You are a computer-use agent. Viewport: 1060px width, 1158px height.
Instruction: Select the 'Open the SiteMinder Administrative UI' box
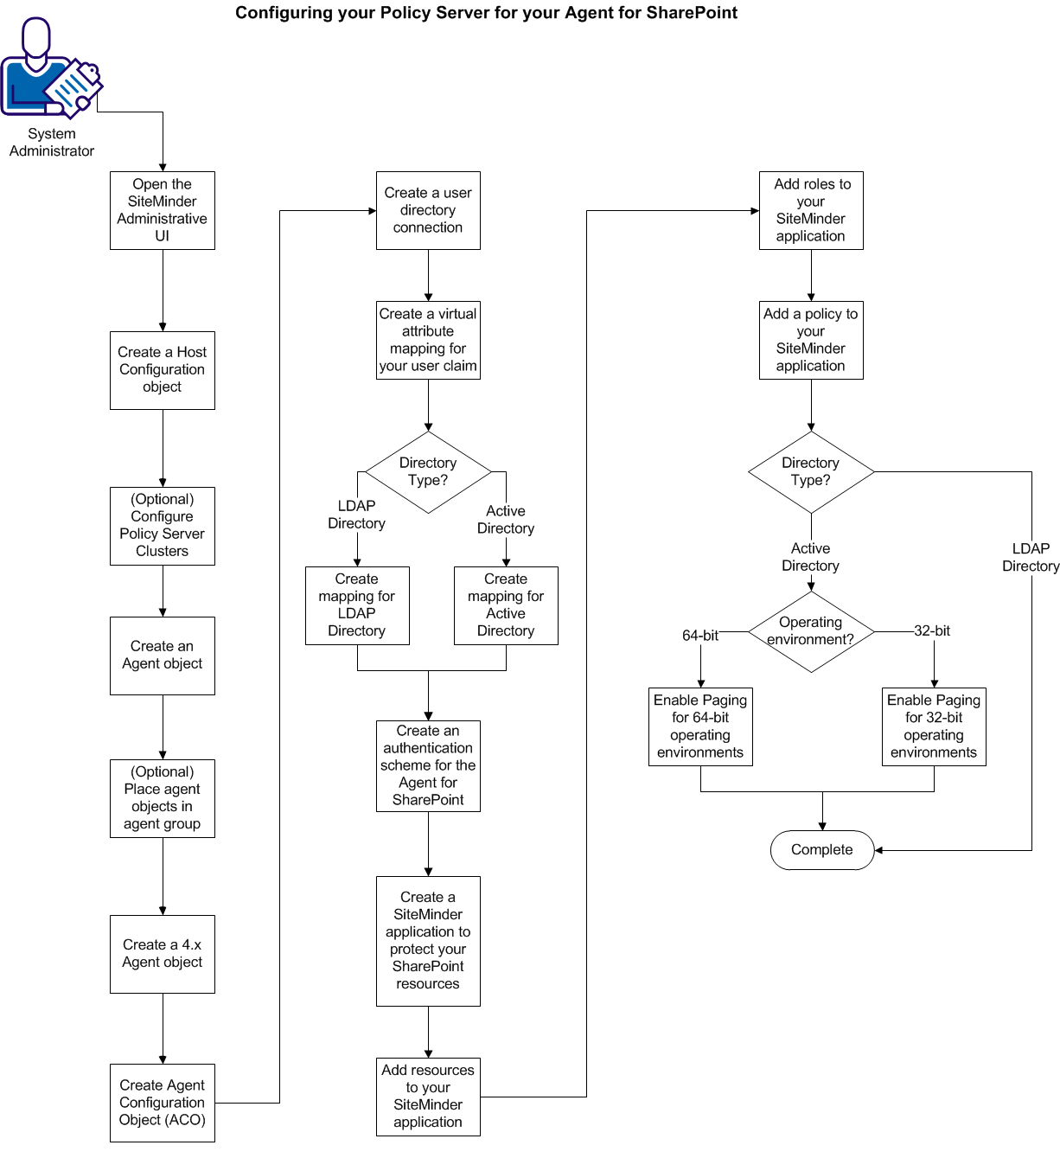(x=162, y=210)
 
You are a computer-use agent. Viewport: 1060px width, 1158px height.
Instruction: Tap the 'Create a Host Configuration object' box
(x=162, y=370)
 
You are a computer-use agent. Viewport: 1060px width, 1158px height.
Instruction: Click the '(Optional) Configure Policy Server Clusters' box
(x=162, y=526)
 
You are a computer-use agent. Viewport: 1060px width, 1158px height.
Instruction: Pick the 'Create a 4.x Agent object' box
(x=162, y=954)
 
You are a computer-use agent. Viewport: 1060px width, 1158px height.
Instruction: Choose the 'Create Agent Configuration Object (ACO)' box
(x=162, y=1103)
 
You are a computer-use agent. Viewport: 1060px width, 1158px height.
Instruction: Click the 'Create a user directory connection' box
(x=428, y=210)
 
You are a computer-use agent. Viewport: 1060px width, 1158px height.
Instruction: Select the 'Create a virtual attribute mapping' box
(x=428, y=340)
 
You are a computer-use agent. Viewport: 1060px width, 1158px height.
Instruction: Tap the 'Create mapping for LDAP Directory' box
(x=357, y=605)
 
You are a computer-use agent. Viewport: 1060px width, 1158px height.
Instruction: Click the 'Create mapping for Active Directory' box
(x=506, y=605)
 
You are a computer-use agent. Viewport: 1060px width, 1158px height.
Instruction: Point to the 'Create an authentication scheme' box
(x=428, y=766)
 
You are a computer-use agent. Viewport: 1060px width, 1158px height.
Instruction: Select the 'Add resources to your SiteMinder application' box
(x=428, y=1097)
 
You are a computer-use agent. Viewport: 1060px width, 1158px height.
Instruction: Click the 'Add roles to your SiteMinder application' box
(x=811, y=210)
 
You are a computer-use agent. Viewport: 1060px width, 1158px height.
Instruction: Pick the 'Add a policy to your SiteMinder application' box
(x=811, y=340)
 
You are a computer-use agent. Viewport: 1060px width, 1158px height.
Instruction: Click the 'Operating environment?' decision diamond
(x=811, y=631)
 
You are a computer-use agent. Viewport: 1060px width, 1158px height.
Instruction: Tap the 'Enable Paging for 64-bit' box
(x=700, y=726)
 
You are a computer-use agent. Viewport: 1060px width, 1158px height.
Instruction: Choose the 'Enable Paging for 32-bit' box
(x=934, y=726)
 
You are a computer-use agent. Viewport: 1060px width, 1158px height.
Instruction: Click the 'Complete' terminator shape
(x=822, y=850)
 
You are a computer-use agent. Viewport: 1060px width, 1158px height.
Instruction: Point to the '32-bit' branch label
(x=932, y=631)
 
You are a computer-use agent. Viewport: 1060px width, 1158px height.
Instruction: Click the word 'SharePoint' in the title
(x=692, y=13)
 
